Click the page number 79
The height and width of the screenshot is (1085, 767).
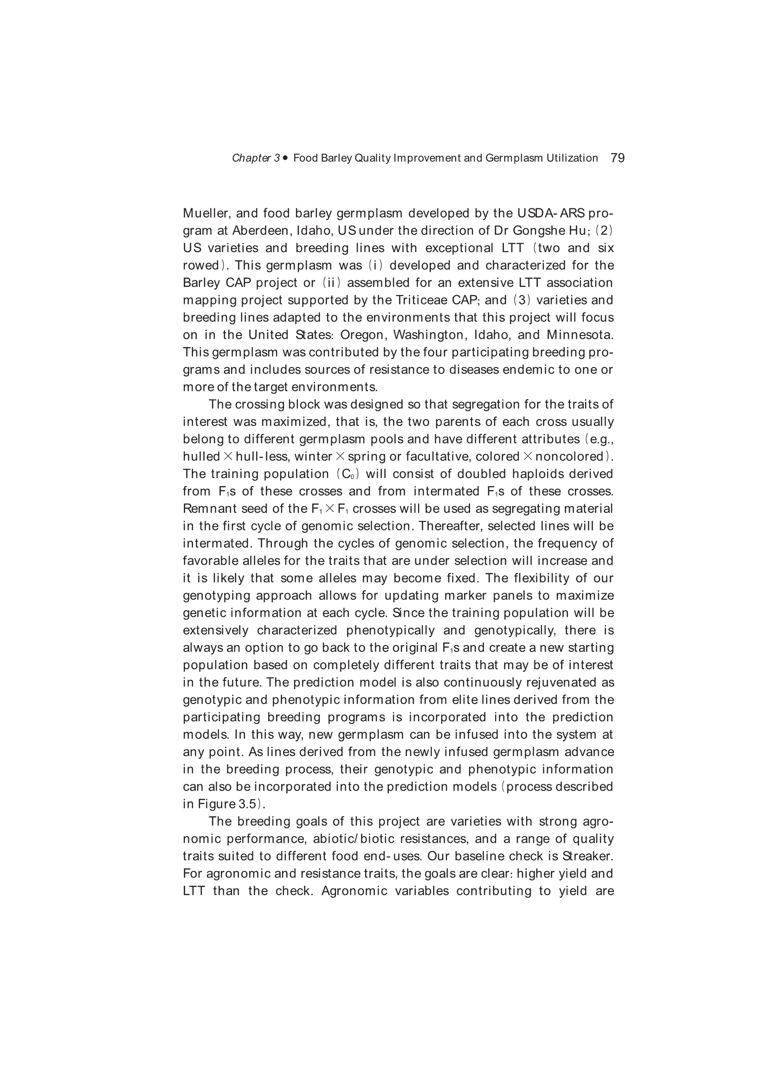coord(617,158)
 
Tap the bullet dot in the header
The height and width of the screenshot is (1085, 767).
coord(285,158)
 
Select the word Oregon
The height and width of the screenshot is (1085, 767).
coord(362,336)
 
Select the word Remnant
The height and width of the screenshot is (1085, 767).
coord(206,509)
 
